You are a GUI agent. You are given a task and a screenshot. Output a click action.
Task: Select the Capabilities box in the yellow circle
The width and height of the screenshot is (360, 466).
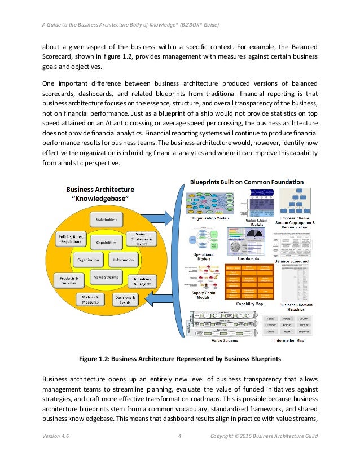[106, 243]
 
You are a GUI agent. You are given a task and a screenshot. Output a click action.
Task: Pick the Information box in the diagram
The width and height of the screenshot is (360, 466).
[123, 260]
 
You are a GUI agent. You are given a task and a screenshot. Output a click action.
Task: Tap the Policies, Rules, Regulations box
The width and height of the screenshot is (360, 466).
[71, 238]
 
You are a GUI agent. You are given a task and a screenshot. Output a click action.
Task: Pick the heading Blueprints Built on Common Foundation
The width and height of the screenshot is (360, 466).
[247, 182]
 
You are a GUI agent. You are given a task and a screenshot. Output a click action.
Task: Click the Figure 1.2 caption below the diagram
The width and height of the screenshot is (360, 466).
[179, 358]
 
